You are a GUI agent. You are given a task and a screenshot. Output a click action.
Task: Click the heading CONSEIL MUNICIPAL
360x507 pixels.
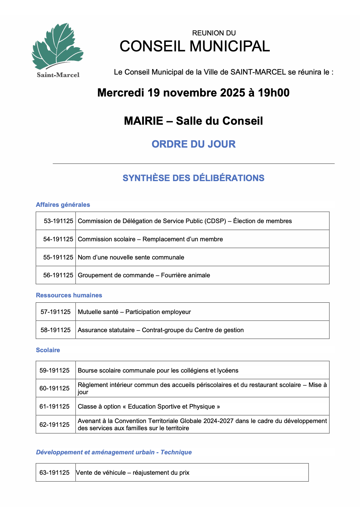(x=194, y=46)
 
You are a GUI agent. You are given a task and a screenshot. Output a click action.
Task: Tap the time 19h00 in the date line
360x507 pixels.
(x=273, y=93)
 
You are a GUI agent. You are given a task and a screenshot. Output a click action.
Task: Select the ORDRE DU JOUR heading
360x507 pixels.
(x=193, y=144)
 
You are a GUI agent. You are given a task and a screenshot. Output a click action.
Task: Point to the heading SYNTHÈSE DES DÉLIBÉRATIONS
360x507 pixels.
(x=193, y=178)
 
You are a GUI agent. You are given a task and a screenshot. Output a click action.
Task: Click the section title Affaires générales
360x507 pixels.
(x=63, y=205)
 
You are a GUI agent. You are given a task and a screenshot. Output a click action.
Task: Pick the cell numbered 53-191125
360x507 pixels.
(x=58, y=221)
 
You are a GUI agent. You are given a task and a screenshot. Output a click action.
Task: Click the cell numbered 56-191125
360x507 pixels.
(x=58, y=275)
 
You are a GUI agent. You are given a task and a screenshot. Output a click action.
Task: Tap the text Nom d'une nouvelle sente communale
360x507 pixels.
(x=131, y=257)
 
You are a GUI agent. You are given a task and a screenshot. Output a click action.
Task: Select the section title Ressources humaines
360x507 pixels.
(x=69, y=295)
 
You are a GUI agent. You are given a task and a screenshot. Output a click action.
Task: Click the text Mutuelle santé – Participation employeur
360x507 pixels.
(x=134, y=312)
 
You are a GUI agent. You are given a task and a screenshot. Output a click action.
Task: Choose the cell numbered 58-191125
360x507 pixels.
(x=56, y=330)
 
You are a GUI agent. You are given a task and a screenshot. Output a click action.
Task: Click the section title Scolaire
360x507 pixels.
(x=48, y=350)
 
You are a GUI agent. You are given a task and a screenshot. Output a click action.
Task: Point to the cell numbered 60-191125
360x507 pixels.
(x=55, y=388)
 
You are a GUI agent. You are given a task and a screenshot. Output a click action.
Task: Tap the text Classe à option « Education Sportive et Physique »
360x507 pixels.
(x=149, y=406)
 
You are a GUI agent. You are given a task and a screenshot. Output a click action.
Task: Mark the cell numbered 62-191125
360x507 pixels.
(x=55, y=425)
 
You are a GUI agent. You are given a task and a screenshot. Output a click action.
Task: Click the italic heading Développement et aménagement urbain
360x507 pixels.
(x=95, y=452)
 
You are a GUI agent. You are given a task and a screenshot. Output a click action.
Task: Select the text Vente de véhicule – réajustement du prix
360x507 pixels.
(x=133, y=473)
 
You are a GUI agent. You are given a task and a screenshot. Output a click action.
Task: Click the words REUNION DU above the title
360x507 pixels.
(x=214, y=33)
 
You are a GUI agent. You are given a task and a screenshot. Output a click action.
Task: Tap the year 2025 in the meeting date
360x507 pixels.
(x=232, y=93)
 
